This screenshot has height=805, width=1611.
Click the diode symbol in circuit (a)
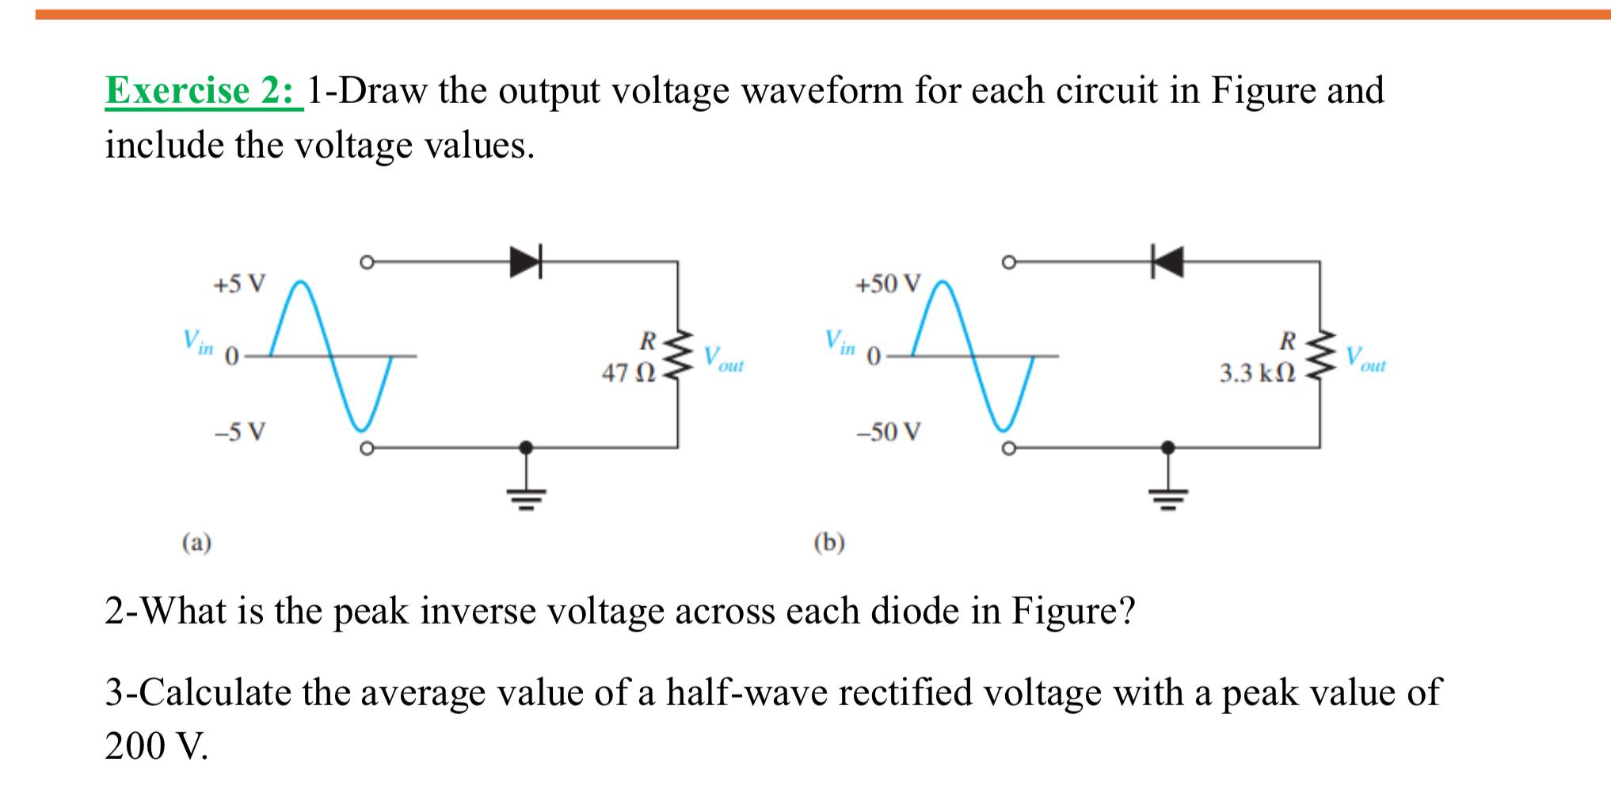pos(526,261)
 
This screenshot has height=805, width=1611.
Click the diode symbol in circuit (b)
pos(1167,261)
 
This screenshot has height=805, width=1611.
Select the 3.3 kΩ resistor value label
pos(1257,373)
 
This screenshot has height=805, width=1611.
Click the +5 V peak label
pos(240,284)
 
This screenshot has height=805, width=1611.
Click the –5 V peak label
pos(240,432)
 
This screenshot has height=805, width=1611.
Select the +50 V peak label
pos(889,284)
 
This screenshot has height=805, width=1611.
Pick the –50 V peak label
pos(889,432)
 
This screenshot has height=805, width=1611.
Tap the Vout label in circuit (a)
pos(723,360)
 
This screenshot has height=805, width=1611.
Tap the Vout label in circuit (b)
pos(1365,360)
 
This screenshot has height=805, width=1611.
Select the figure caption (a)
pos(196,543)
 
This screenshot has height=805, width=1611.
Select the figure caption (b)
pos(829,543)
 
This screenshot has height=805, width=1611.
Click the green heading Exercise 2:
pos(204,90)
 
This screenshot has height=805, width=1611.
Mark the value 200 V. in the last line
pos(157,746)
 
